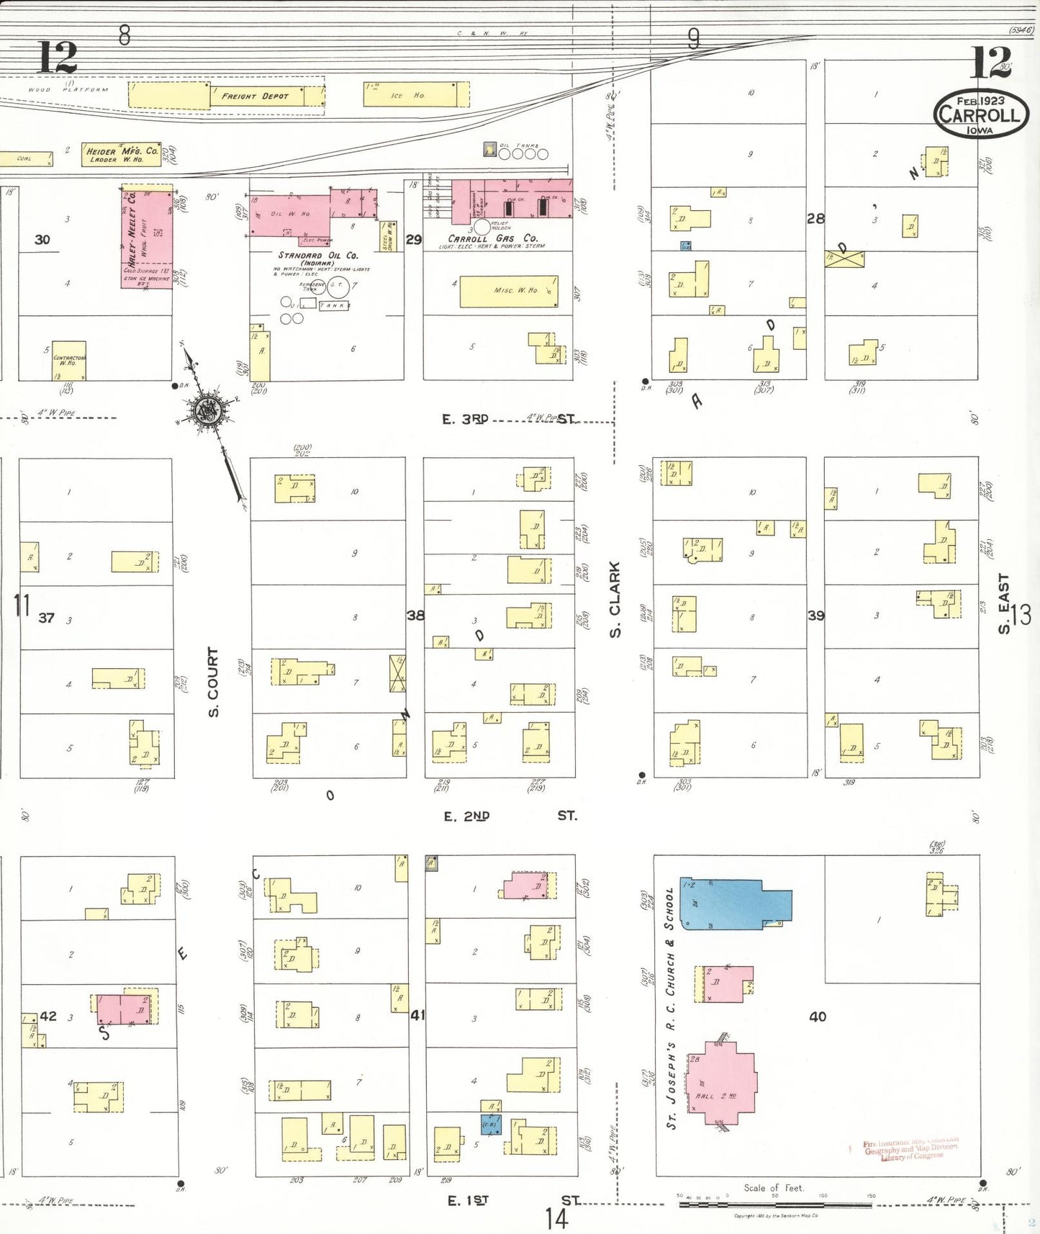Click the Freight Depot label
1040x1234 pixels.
pos(255,96)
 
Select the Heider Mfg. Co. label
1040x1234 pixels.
pos(122,153)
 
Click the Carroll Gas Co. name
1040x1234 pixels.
pos(492,238)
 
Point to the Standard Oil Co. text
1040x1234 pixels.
pos(318,256)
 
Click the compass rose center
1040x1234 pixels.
pos(207,411)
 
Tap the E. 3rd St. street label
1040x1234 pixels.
pos(507,419)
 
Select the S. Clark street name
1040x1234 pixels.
pos(615,600)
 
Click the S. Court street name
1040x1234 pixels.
pos(213,681)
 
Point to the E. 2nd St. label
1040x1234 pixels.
pos(509,816)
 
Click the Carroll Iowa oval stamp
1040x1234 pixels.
pos(980,114)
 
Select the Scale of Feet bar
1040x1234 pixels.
pos(774,1204)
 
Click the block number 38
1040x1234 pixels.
pos(415,616)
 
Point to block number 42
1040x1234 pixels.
pos(48,1016)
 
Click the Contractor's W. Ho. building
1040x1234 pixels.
pos(69,360)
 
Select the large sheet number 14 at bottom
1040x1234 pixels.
pos(556,1218)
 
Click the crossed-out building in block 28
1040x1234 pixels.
pos(844,258)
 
